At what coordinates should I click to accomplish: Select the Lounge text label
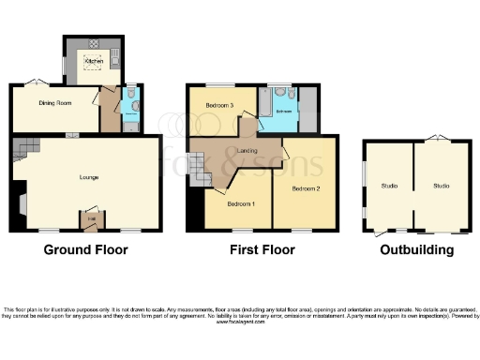pos(88,176)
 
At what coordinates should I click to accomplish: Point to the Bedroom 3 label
pos(219,105)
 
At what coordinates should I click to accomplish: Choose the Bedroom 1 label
pos(236,203)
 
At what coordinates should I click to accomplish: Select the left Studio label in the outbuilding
pos(389,186)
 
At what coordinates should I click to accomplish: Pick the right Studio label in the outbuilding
pos(441,186)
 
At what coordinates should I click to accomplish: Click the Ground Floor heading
pos(85,250)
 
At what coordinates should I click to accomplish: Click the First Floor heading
pos(262,250)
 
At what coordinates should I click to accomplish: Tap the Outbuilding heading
pos(417,250)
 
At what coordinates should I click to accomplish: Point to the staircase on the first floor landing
pos(199,170)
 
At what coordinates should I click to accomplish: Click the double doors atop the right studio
pos(436,139)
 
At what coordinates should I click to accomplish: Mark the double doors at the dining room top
pos(39,82)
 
